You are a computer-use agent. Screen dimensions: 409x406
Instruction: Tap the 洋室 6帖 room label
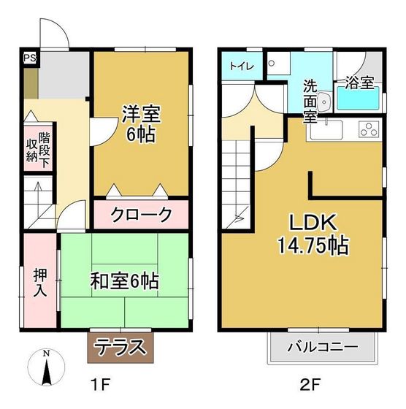140,124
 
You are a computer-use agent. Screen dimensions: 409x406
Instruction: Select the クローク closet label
141,215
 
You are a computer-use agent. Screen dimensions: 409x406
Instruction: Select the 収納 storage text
31,150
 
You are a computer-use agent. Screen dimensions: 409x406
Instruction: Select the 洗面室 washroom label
310,100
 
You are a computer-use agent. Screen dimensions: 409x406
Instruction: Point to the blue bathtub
357,99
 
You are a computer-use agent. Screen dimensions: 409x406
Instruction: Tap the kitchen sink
326,131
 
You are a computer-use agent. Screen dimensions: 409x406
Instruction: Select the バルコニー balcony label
322,346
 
